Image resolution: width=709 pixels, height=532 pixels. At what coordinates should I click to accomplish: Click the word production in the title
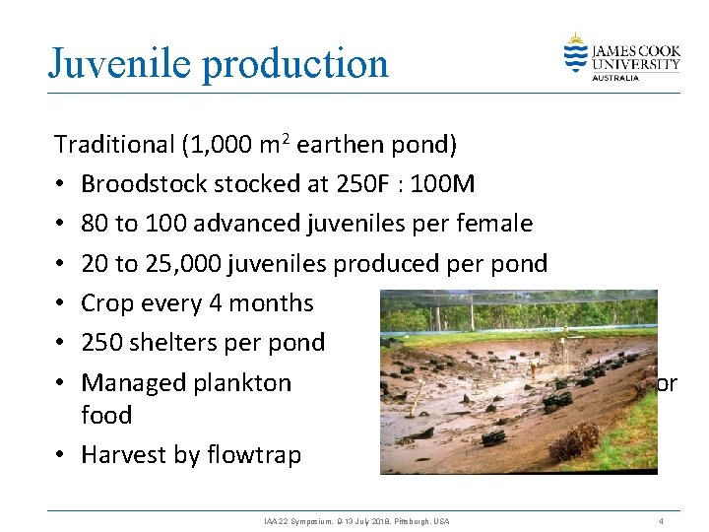(295, 65)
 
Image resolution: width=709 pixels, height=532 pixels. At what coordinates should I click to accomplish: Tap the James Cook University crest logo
(576, 52)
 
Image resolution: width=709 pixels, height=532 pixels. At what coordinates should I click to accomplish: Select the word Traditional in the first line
(114, 145)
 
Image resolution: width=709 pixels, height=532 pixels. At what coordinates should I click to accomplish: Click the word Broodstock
(141, 184)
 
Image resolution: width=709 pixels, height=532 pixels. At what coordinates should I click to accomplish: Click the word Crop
(105, 302)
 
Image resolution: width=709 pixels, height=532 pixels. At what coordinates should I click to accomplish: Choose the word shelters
(175, 342)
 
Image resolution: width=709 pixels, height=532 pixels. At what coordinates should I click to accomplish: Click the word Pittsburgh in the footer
(405, 519)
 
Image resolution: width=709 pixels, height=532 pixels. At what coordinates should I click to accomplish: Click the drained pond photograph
(519, 382)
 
